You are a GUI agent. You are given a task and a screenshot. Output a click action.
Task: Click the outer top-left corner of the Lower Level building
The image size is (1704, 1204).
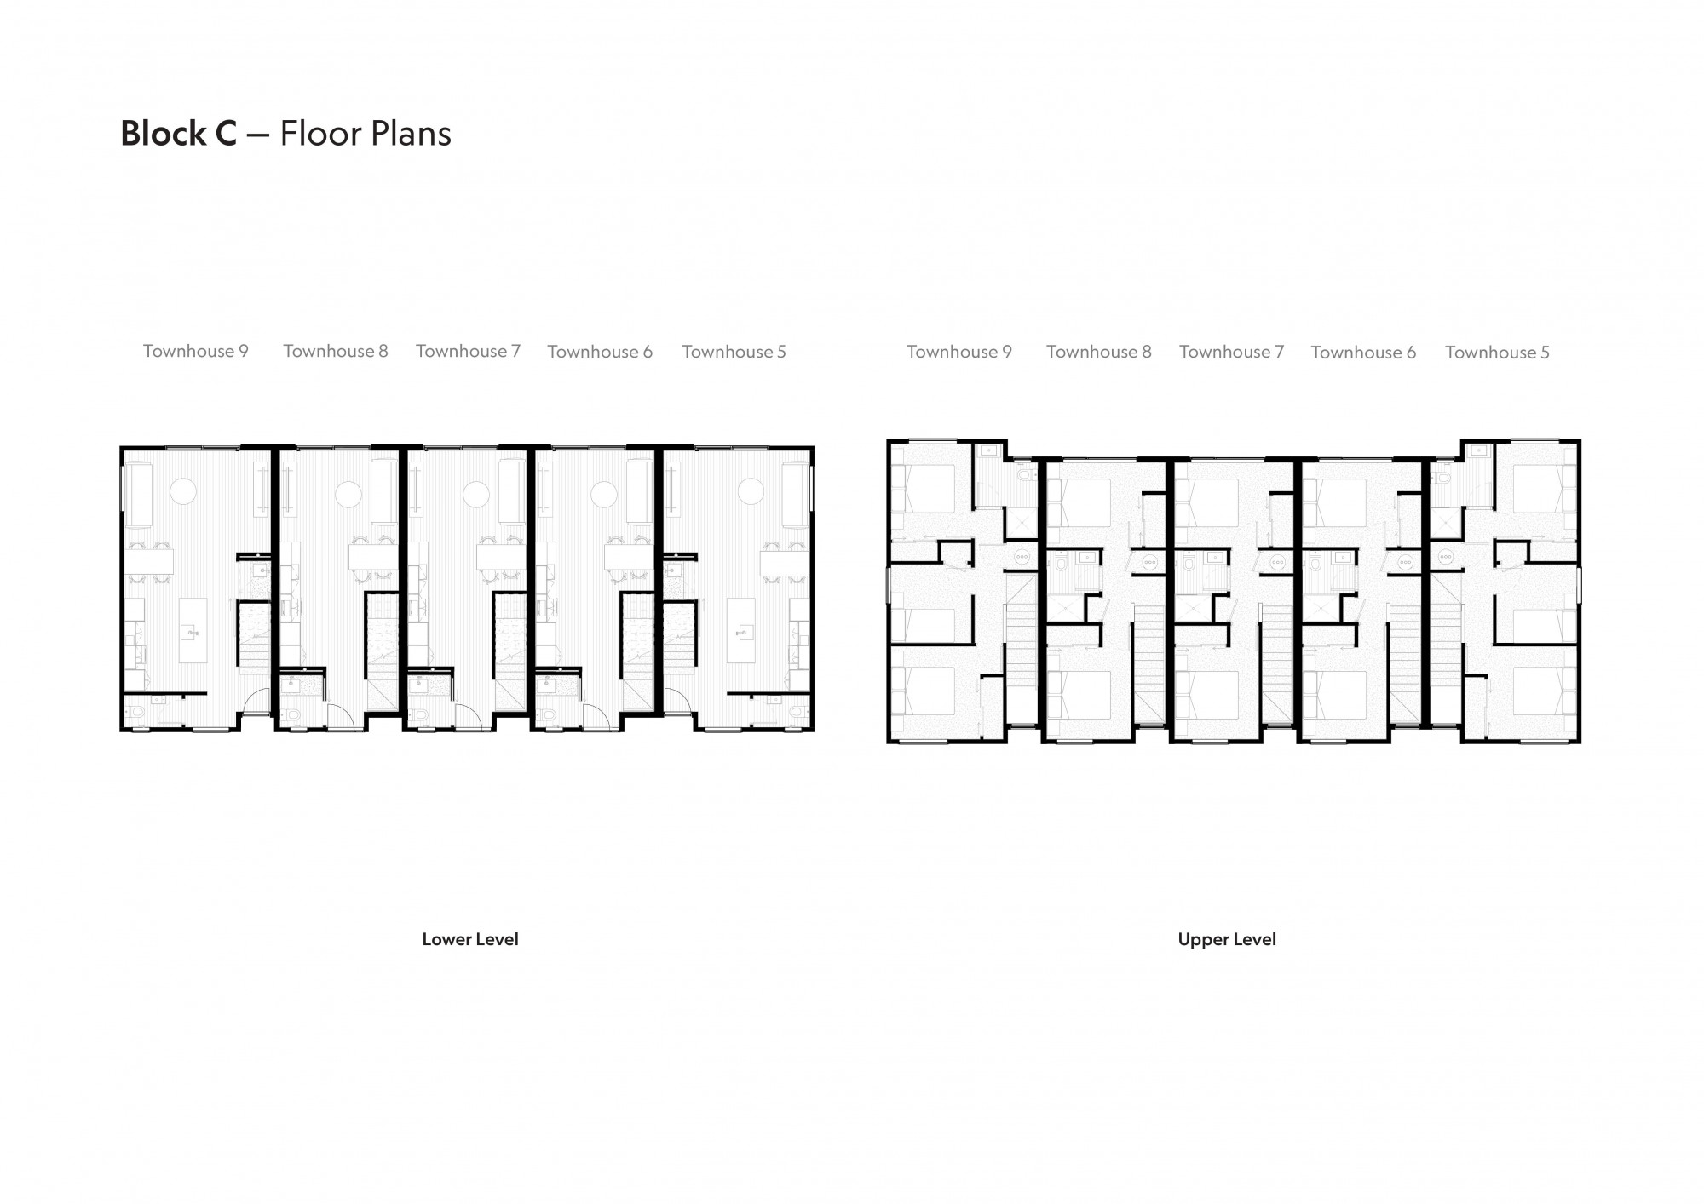click(x=120, y=446)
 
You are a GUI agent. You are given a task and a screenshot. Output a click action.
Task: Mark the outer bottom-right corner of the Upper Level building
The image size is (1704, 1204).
click(x=1580, y=742)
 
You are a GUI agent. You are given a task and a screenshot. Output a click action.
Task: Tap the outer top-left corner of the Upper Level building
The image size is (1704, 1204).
click(x=888, y=440)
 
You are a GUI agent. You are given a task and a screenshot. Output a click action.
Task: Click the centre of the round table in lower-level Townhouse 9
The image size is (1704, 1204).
click(x=183, y=491)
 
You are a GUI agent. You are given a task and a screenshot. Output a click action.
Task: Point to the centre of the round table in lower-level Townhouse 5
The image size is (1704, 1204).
click(x=751, y=491)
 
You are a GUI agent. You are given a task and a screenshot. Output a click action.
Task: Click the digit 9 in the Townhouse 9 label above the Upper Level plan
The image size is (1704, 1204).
click(x=1006, y=352)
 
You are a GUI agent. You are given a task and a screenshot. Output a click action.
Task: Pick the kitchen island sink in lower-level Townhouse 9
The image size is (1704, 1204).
click(x=193, y=632)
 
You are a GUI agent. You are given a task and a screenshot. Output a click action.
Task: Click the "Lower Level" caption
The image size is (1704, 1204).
click(x=470, y=939)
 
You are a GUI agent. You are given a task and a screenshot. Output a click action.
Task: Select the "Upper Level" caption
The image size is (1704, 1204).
click(x=1227, y=939)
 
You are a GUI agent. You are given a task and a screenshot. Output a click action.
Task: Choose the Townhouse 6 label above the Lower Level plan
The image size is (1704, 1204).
click(x=600, y=352)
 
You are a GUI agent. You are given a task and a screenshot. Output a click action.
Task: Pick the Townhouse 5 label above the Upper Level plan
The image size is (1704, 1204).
click(x=1497, y=353)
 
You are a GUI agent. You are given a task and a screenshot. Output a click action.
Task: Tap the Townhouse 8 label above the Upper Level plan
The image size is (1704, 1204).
click(x=1099, y=352)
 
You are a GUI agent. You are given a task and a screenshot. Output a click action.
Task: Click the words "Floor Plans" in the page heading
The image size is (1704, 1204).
click(x=366, y=134)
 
